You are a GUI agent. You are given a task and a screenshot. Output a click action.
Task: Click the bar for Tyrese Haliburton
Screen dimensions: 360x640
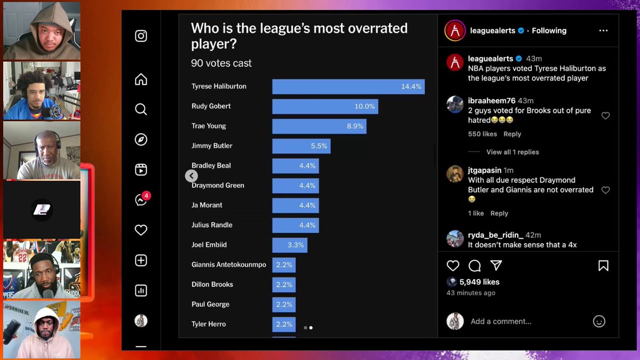tap(348, 86)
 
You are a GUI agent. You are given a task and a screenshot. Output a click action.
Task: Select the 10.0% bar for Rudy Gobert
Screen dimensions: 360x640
tap(325, 106)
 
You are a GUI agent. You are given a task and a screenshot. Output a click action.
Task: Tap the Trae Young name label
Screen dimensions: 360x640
tap(209, 126)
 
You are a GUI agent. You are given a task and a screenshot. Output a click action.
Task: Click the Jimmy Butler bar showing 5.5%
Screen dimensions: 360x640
tap(301, 146)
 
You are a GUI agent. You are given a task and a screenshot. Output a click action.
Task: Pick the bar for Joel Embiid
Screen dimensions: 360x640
tap(289, 245)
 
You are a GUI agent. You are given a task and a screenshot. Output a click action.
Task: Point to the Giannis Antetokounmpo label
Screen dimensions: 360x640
tap(228, 265)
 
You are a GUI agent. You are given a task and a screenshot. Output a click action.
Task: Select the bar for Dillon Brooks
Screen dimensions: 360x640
tap(284, 284)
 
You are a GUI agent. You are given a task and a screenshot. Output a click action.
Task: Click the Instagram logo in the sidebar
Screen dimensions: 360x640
tap(141, 36)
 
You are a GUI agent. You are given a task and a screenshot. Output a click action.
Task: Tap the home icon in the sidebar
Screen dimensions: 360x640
tap(141, 79)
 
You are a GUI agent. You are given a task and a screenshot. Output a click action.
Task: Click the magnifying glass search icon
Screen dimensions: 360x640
tap(141, 109)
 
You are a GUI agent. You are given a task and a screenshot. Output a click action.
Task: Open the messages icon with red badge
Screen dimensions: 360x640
tap(141, 200)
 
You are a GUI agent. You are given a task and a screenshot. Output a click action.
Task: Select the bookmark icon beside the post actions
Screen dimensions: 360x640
tap(603, 266)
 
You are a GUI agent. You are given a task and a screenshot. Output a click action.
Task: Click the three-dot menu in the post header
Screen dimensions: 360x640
tap(603, 31)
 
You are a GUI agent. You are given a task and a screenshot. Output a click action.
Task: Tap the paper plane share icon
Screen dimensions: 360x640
tap(496, 266)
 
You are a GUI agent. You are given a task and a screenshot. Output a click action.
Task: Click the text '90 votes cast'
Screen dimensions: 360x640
tap(221, 63)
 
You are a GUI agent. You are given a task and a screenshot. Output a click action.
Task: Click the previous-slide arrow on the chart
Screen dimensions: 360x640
tap(191, 175)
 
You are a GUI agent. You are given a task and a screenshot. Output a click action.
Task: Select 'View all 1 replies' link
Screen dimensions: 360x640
tap(513, 152)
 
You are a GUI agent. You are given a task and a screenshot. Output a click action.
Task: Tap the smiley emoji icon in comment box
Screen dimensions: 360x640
tap(599, 321)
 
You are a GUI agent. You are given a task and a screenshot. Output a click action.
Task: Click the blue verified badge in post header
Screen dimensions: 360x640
tap(521, 31)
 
